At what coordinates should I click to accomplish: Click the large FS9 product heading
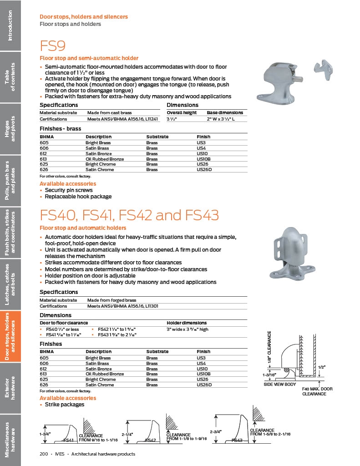[53, 46]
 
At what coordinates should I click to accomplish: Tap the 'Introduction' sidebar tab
[10, 25]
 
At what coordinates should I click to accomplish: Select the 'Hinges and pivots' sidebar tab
[10, 128]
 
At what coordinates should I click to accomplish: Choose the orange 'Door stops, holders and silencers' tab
[10, 336]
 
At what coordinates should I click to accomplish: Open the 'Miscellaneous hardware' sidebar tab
[10, 439]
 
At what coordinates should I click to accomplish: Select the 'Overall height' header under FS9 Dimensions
[182, 112]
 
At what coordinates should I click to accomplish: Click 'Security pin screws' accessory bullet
[69, 190]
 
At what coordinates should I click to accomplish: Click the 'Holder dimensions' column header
[187, 323]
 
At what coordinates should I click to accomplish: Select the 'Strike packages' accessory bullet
[64, 404]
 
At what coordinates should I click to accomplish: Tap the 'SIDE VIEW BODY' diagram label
[280, 385]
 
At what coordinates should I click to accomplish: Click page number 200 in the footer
[44, 454]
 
